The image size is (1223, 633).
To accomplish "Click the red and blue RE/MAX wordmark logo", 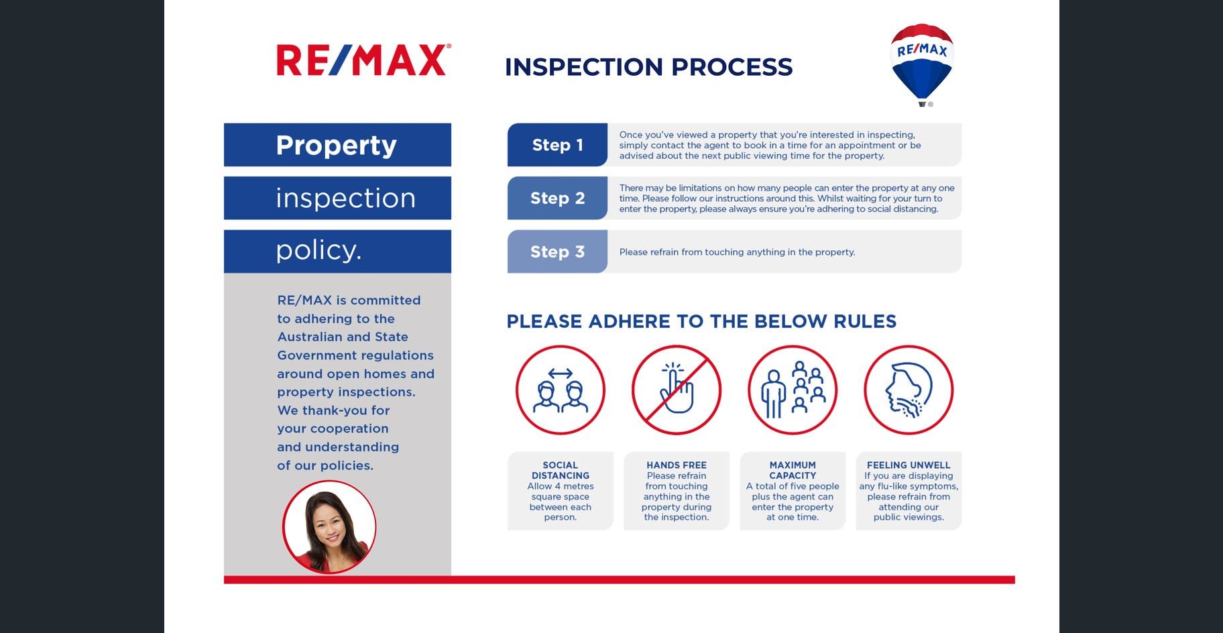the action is pyautogui.click(x=363, y=60).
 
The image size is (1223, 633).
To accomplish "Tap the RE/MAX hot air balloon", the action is pyautogui.click(x=922, y=64).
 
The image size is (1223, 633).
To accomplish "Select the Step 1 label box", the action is pyautogui.click(x=557, y=145).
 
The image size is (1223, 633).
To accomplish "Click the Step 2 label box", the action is pyautogui.click(x=557, y=198).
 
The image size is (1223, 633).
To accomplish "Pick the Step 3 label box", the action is pyautogui.click(x=557, y=251).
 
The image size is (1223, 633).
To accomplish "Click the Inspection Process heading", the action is pyautogui.click(x=648, y=67).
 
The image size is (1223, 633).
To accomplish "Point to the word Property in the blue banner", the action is pyautogui.click(x=336, y=146).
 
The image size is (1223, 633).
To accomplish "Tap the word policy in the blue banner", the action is pyautogui.click(x=318, y=250).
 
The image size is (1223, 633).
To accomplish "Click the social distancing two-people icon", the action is pyautogui.click(x=561, y=390).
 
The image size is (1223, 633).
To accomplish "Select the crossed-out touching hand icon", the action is pyautogui.click(x=677, y=390).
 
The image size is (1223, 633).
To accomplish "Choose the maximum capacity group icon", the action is pyautogui.click(x=793, y=390).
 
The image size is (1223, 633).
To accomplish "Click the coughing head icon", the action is pyautogui.click(x=909, y=390).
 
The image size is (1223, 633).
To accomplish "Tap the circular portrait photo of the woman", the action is pyautogui.click(x=329, y=527).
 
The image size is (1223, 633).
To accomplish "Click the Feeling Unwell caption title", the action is pyautogui.click(x=909, y=465).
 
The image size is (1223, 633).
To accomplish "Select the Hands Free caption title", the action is pyautogui.click(x=677, y=465).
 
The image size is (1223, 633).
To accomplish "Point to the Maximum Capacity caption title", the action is pyautogui.click(x=793, y=470).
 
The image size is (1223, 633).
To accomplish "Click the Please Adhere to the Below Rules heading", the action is pyautogui.click(x=701, y=321).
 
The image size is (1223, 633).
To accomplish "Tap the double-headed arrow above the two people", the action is pyautogui.click(x=560, y=373).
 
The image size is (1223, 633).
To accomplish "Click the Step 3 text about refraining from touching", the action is pyautogui.click(x=737, y=252).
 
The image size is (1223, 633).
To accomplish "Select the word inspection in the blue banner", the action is pyautogui.click(x=346, y=198).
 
